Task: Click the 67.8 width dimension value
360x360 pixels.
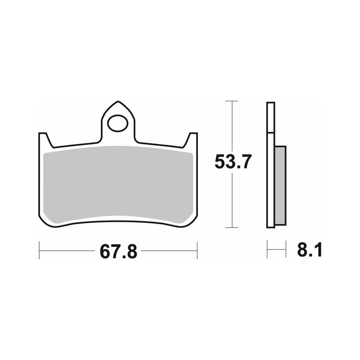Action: tap(118, 252)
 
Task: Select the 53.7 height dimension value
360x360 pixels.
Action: tap(233, 162)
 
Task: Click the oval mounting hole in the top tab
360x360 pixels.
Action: tap(118, 123)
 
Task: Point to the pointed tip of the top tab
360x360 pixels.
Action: tap(118, 101)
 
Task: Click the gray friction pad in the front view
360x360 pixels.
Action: tap(118, 184)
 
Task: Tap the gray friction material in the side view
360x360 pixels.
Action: tap(280, 185)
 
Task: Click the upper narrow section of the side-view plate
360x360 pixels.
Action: tap(271, 117)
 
